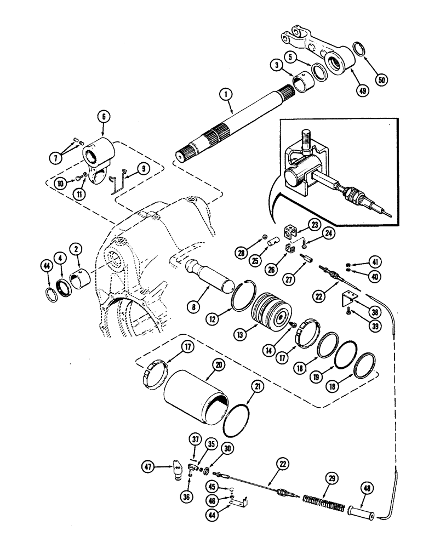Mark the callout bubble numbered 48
point(367,486)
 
